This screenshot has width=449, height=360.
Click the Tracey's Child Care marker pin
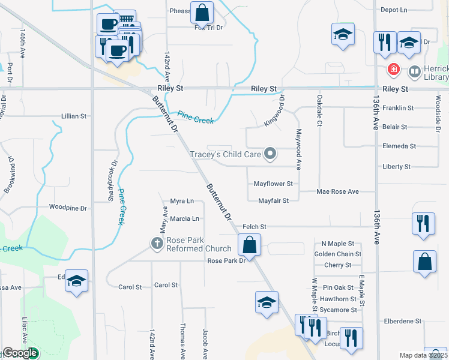point(270,154)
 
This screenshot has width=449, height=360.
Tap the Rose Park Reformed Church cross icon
point(157,243)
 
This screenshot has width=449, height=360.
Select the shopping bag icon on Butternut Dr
point(249,245)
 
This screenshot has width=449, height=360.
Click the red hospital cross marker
point(394,70)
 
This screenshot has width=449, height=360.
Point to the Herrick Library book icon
point(414,71)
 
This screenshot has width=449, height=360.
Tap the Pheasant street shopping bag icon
point(202,12)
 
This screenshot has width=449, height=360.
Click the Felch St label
point(254,226)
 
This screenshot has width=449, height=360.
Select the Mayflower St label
point(273,183)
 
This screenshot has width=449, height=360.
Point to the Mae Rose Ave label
point(337,191)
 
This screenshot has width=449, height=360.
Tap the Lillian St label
point(74,116)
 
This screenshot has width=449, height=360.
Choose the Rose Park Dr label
point(226,260)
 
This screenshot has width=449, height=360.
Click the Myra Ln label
point(182,201)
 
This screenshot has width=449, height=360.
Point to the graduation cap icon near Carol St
point(77,281)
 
